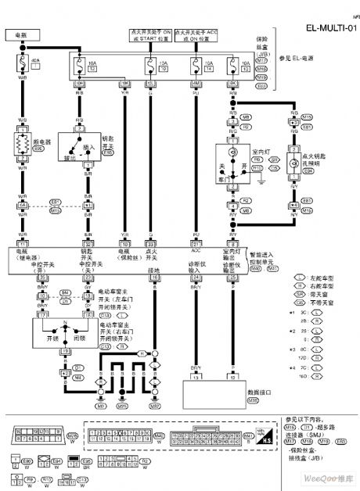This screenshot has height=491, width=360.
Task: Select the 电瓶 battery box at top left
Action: click(16, 35)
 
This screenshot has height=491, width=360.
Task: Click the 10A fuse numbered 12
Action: click(80, 66)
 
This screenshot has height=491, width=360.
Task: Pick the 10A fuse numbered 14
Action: click(194, 66)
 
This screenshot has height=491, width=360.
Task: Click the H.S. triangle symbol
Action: click(265, 438)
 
